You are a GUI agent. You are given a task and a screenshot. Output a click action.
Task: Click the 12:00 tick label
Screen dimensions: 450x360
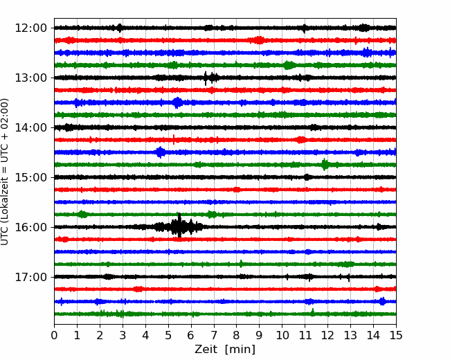30,28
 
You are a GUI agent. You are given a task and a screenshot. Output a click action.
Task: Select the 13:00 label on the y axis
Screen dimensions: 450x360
30,78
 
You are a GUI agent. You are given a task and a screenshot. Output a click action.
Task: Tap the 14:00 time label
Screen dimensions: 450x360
30,127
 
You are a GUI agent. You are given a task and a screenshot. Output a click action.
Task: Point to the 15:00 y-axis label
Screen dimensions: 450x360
30,177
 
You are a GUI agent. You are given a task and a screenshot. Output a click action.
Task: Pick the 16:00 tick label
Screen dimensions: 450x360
30,227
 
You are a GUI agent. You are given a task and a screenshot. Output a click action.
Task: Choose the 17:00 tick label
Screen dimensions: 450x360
30,277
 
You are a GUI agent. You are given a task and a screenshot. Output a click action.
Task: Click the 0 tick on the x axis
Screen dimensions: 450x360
54,335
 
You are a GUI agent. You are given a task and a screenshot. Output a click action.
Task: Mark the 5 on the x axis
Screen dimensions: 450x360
168,335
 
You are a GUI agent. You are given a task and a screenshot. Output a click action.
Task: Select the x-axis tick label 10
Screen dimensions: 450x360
282,335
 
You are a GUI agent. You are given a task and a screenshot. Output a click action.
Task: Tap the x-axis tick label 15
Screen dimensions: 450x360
396,335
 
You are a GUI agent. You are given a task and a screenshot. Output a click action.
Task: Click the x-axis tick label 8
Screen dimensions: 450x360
237,335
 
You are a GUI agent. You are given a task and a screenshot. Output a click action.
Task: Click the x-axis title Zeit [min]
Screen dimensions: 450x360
225,350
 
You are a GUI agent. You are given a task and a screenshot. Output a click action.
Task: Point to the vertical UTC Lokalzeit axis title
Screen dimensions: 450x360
5,172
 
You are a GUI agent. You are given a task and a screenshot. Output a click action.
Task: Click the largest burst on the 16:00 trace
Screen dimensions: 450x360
179,226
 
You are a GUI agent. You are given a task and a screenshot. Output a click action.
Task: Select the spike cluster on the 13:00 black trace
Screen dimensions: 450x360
211,78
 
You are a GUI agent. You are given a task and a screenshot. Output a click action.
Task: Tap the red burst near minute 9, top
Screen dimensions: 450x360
259,40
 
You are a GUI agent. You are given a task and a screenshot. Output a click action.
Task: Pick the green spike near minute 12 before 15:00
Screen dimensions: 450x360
325,165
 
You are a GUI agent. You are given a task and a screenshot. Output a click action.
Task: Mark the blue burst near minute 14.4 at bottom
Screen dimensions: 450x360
382,301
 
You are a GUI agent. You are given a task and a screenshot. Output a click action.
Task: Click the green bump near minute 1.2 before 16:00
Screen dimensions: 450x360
82,214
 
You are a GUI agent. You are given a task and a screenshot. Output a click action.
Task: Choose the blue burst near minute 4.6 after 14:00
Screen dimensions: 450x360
160,152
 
